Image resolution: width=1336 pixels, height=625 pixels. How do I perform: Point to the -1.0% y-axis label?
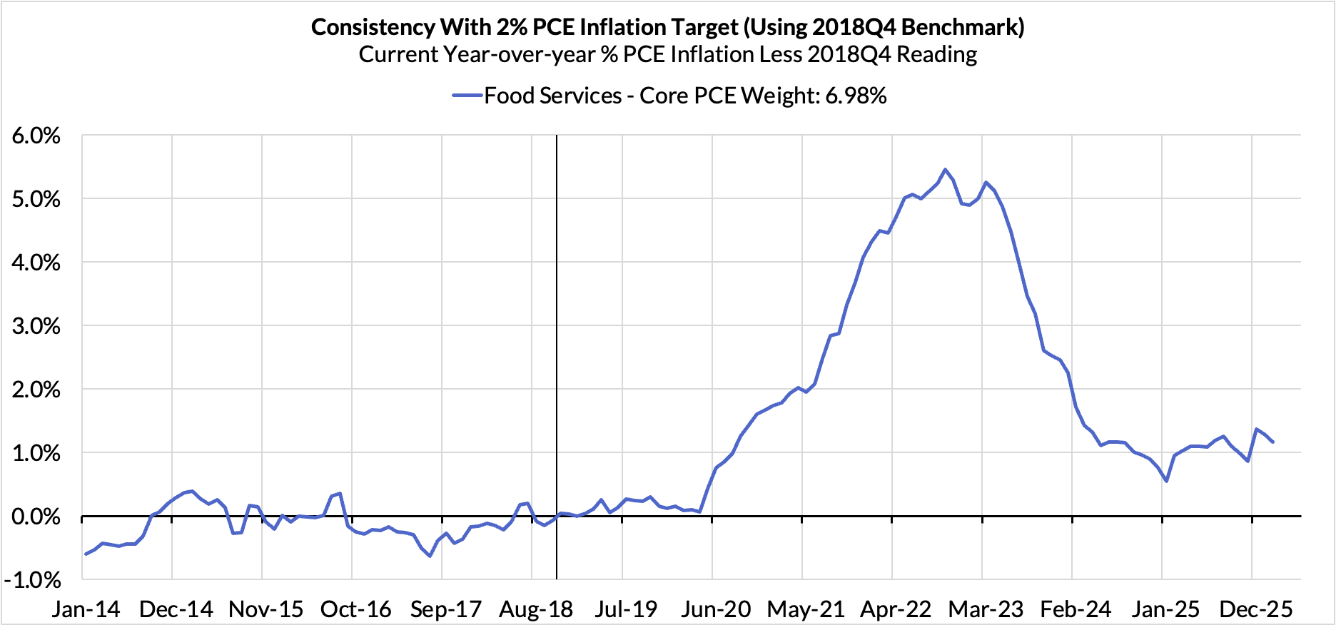[x=33, y=580]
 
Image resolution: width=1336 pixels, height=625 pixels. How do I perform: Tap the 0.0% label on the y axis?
[x=36, y=517]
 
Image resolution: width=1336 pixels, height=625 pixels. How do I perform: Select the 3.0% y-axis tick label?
[x=36, y=326]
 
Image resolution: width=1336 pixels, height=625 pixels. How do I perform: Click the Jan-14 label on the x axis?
[x=86, y=609]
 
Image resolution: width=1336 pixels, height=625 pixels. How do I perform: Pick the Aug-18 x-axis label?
[x=535, y=609]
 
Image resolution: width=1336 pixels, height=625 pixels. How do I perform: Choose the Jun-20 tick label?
[x=716, y=609]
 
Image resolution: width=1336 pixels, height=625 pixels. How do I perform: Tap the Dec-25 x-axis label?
[x=1255, y=609]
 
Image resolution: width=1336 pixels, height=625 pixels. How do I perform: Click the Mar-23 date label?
[x=986, y=609]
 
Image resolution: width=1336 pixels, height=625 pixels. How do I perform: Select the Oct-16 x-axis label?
[x=355, y=609]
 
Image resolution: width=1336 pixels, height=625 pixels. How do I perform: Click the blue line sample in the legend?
[x=467, y=96]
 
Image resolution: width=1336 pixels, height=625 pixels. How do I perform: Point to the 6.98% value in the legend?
[x=856, y=96]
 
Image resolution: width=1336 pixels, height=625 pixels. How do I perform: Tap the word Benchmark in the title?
[x=960, y=27]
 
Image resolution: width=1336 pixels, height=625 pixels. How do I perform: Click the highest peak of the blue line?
[x=945, y=170]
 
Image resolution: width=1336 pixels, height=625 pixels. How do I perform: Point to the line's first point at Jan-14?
[x=86, y=554]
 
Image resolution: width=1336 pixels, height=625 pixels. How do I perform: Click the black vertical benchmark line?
[x=557, y=321]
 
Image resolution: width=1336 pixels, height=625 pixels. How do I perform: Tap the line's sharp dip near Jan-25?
[x=1166, y=481]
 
